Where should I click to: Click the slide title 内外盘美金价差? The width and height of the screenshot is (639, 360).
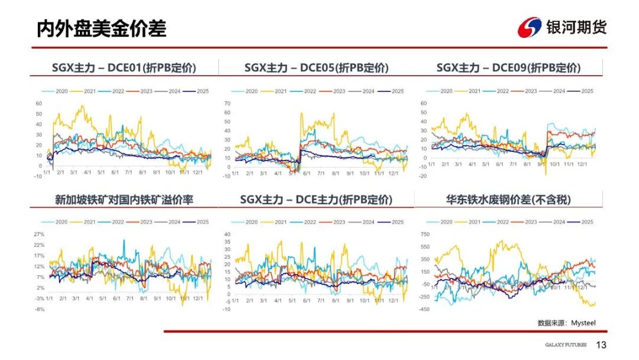101,28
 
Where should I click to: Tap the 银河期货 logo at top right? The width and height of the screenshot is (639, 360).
562,27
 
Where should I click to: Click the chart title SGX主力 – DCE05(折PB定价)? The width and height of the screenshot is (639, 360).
317,68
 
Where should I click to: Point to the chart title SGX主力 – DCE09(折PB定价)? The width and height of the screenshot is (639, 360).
508,68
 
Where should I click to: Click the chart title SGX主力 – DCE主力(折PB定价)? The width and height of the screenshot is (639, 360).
317,200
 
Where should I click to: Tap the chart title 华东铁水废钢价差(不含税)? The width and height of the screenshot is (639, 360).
508,200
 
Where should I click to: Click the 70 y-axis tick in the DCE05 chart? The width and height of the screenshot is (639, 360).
227,104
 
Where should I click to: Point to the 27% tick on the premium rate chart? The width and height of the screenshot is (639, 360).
39,234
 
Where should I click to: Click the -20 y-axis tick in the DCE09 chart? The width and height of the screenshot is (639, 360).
422,176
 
